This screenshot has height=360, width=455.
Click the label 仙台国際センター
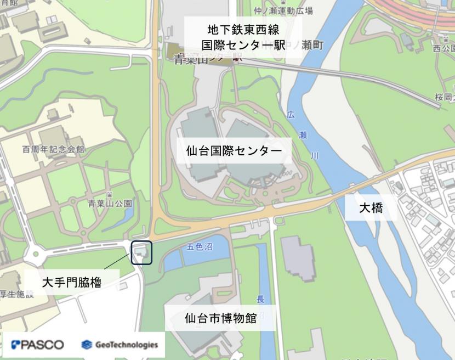tap(234, 150)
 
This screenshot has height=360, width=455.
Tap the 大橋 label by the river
tap(371, 208)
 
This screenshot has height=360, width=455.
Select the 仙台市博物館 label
tap(221, 318)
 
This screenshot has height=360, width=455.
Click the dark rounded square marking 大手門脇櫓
tap(141, 252)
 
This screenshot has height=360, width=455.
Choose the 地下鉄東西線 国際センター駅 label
tap(243, 37)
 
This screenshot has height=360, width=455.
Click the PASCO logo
tap(37, 345)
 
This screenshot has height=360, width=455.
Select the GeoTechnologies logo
tap(120, 345)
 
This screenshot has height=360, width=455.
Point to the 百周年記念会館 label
tap(53, 149)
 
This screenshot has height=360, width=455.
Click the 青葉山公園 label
tap(110, 203)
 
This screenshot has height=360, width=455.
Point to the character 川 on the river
tap(315, 156)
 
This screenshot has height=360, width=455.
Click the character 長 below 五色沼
tap(261, 299)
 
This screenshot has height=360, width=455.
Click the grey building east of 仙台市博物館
tap(298, 258)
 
